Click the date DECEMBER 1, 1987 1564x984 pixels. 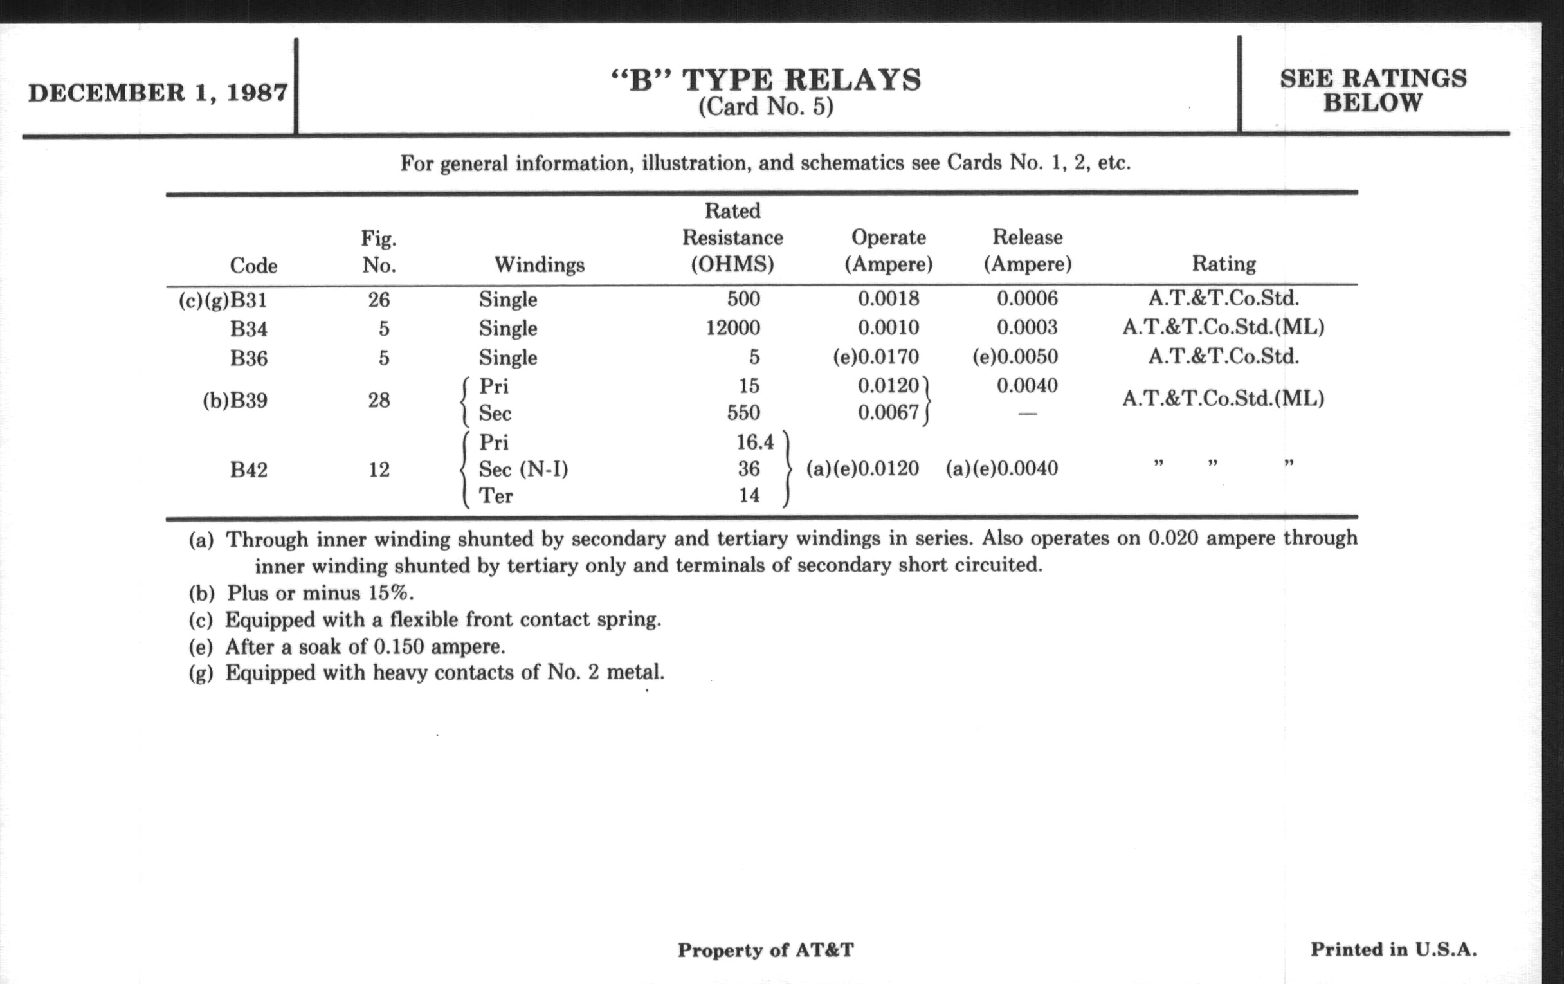click(x=158, y=92)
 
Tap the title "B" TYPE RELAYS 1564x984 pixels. click(x=766, y=80)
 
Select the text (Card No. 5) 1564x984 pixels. click(x=766, y=107)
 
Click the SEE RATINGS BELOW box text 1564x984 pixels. click(x=1372, y=91)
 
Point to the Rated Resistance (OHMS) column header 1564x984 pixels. click(x=732, y=238)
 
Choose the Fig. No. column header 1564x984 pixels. click(x=379, y=252)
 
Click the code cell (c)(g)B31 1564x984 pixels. click(x=223, y=301)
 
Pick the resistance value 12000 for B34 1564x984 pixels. click(x=732, y=327)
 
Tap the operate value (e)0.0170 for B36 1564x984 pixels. click(x=876, y=356)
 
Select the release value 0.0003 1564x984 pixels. click(x=1027, y=327)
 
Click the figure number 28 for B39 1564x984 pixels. click(x=379, y=400)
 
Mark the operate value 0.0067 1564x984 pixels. click(x=888, y=412)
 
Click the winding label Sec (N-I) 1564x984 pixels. click(x=523, y=469)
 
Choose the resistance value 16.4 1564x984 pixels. click(x=755, y=442)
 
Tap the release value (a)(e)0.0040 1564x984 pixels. click(x=1001, y=468)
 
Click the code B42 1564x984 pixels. click(x=248, y=469)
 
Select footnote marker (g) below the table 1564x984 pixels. click(x=201, y=673)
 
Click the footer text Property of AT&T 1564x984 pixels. click(x=765, y=950)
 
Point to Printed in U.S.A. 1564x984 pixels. click(x=1393, y=949)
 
